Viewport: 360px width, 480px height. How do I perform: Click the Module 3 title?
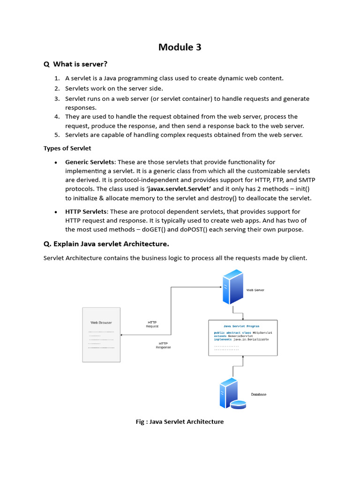tap(180, 47)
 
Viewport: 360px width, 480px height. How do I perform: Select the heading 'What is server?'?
tap(80, 64)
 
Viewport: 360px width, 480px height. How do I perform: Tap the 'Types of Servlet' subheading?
tap(67, 148)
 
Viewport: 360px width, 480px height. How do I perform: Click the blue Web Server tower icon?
tap(232, 287)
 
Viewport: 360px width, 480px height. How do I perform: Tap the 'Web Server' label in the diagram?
tap(255, 290)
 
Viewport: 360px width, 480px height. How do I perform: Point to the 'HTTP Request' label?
tap(152, 324)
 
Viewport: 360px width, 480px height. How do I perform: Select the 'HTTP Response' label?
tap(163, 345)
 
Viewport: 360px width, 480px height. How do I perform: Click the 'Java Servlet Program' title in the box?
tap(241, 326)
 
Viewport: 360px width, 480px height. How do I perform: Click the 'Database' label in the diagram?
tap(258, 394)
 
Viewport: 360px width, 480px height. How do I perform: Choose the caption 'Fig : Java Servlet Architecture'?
tap(180, 421)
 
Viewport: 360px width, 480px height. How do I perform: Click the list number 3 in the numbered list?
tap(57, 98)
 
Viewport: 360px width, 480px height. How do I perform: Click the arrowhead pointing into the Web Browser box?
tap(122, 335)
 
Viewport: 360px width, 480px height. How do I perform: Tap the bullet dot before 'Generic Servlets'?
tap(56, 162)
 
